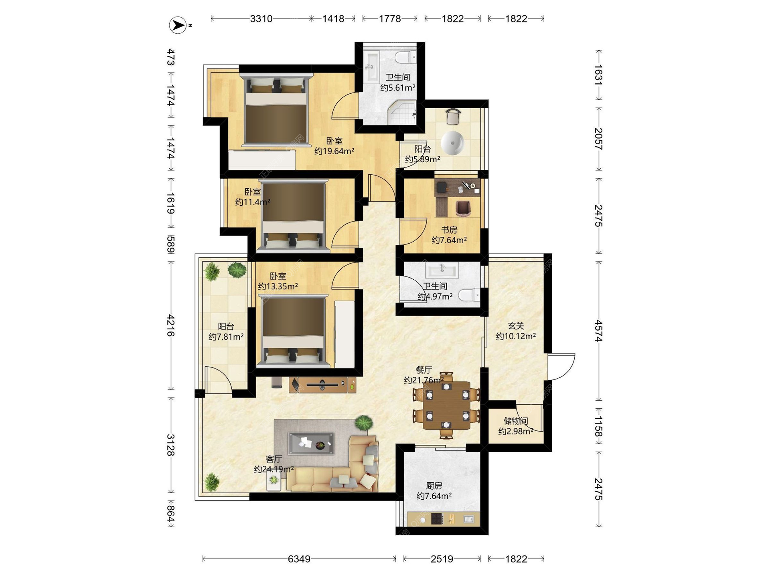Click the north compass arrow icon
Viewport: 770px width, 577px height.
pyautogui.click(x=178, y=25)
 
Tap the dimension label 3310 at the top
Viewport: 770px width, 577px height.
pyautogui.click(x=261, y=19)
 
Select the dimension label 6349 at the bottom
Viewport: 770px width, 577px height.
pyautogui.click(x=299, y=559)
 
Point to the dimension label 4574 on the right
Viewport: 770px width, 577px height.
pyautogui.click(x=599, y=331)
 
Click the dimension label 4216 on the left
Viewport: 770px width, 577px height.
pyautogui.click(x=171, y=325)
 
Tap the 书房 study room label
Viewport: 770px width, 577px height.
pyautogui.click(x=449, y=230)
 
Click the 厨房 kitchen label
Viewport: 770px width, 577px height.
pyautogui.click(x=434, y=486)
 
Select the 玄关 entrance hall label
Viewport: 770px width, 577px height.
pyautogui.click(x=516, y=326)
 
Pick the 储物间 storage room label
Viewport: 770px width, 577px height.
pyautogui.click(x=516, y=421)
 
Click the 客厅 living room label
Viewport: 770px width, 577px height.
pyautogui.click(x=274, y=459)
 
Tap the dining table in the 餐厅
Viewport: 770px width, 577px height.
pyautogui.click(x=446, y=406)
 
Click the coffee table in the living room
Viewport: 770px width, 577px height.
pyautogui.click(x=311, y=444)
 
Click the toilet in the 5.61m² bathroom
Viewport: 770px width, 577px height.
pyautogui.click(x=405, y=58)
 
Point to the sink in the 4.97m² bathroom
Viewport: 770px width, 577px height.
pyautogui.click(x=442, y=270)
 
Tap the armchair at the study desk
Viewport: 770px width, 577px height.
pyautogui.click(x=463, y=208)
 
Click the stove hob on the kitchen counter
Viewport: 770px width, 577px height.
pyautogui.click(x=437, y=519)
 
